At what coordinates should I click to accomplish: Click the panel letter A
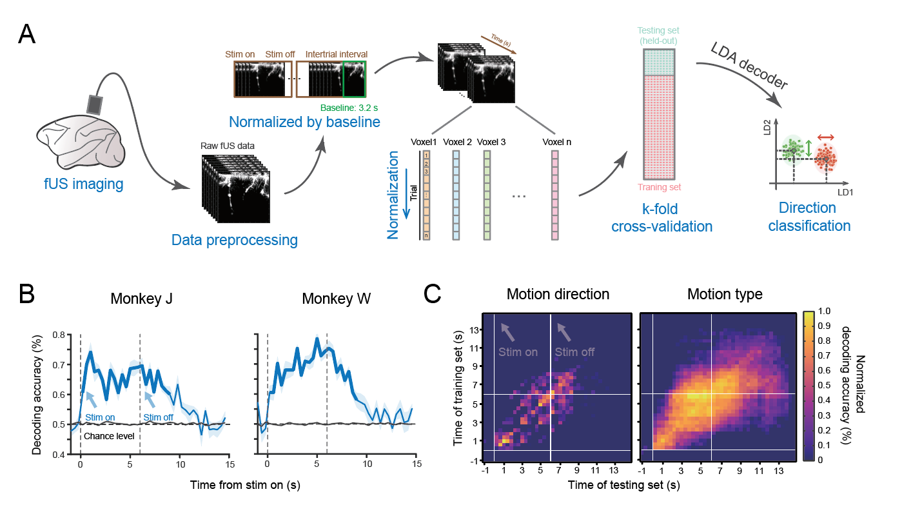pos(27,35)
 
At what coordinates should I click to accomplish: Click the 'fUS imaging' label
pos(79,185)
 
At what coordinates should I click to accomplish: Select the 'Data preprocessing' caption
pos(234,241)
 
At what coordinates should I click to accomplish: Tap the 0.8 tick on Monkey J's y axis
pos(63,335)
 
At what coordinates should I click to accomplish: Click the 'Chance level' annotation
pos(108,436)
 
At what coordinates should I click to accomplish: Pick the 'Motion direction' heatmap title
pos(558,295)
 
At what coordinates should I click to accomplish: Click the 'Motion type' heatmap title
pos(725,295)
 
